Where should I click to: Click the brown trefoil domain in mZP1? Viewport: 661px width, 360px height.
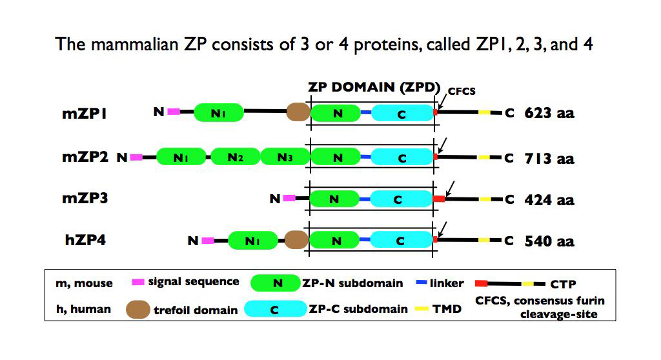click(x=298, y=113)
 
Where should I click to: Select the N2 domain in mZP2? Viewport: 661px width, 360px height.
click(x=234, y=157)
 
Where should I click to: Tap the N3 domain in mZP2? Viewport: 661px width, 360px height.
click(x=284, y=157)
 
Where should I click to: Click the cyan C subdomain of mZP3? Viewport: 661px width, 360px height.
click(x=401, y=199)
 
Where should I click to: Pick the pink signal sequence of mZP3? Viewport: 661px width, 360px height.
click(x=289, y=198)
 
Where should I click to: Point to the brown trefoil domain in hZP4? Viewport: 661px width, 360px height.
click(x=296, y=241)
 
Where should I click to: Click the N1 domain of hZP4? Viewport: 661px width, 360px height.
click(x=252, y=241)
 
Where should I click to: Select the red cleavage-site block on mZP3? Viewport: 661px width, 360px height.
click(x=439, y=199)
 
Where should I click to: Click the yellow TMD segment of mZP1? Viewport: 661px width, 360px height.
click(x=484, y=113)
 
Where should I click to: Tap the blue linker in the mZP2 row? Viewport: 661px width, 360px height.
click(x=366, y=157)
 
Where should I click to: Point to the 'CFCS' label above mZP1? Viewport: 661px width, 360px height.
click(x=462, y=91)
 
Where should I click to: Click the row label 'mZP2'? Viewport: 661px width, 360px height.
click(x=83, y=157)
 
